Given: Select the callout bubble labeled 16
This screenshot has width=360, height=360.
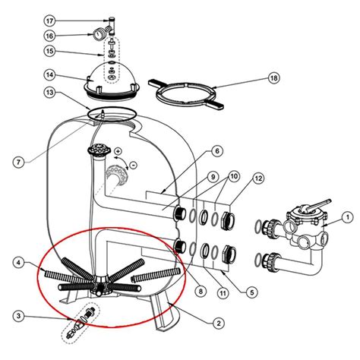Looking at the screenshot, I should [x=71, y=36].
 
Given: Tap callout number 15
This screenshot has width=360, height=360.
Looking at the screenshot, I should [x=71, y=52].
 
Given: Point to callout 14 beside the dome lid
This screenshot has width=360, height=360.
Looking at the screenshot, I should [x=71, y=74].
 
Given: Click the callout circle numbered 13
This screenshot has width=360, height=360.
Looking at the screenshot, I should [x=71, y=93].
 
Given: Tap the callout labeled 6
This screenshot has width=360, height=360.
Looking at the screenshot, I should [x=217, y=151].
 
